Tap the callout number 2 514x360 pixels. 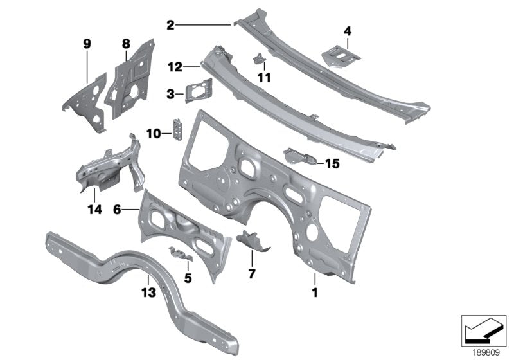(170, 25)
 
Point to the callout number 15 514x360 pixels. (332, 164)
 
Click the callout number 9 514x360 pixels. (87, 44)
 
